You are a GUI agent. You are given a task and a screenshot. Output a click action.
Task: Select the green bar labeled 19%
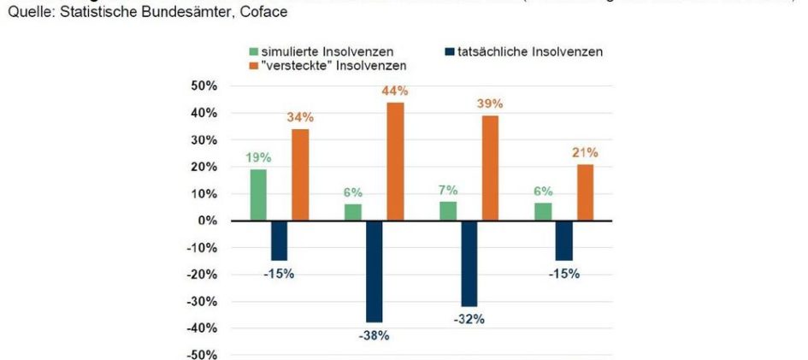(258, 195)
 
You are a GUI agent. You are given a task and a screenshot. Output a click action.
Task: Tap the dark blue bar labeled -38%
(375, 271)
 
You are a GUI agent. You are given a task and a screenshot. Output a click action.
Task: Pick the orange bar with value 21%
(585, 192)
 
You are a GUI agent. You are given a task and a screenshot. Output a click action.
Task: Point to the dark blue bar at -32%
(469, 263)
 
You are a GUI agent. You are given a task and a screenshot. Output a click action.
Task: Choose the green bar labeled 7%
(448, 211)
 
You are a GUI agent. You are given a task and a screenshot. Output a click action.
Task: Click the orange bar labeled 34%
(300, 174)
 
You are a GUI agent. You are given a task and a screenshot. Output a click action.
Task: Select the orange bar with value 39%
(490, 168)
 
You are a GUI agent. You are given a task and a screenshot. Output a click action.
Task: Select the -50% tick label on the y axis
(203, 355)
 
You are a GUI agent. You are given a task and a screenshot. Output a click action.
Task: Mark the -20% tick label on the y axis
(203, 274)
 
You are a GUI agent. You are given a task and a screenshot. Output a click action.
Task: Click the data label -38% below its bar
(375, 336)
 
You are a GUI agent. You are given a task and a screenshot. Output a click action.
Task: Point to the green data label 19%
(258, 157)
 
